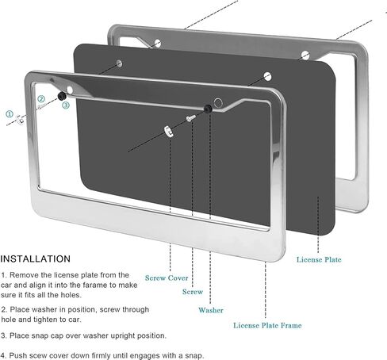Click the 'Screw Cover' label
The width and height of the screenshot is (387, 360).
(x=167, y=278)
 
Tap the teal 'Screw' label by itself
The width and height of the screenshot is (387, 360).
(x=193, y=292)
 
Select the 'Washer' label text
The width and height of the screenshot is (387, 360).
(x=211, y=310)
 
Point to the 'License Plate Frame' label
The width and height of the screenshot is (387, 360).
(x=267, y=325)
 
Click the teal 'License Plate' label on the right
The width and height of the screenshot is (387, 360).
(x=319, y=259)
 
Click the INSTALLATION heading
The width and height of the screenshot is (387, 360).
(x=36, y=259)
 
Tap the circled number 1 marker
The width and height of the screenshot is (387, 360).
(x=10, y=114)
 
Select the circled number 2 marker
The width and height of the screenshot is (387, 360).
(x=41, y=99)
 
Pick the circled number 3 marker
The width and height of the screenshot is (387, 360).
(x=66, y=105)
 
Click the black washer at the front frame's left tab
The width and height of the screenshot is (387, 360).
(x=62, y=96)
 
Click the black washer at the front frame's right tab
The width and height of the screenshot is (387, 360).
(x=208, y=109)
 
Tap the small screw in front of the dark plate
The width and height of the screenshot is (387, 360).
(x=190, y=118)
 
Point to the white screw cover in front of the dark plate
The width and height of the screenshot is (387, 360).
(x=168, y=132)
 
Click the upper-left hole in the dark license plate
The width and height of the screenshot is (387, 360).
(x=119, y=63)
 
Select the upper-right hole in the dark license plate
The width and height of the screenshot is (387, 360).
(x=267, y=77)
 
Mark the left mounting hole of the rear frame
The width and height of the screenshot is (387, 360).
(x=158, y=43)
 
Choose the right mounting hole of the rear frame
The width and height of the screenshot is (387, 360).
(x=305, y=56)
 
